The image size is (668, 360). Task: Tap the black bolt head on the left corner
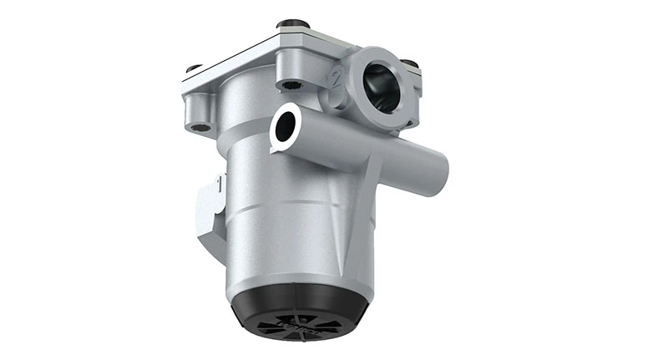coord(193,68)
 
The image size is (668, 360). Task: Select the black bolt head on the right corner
coord(409,64)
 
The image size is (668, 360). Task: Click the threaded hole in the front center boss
coord(290,85)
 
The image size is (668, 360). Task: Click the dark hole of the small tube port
coord(284,127)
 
